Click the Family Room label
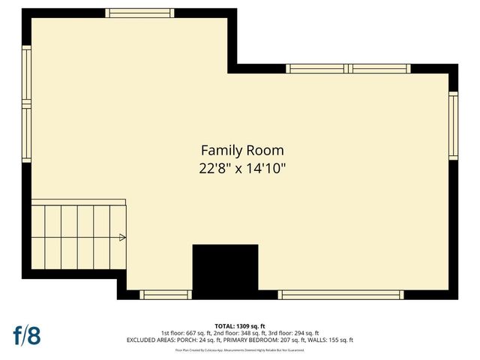tap(241, 150)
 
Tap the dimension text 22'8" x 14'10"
tap(241, 169)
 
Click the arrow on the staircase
tap(122, 238)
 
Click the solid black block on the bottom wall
tap(225, 271)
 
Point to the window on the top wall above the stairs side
tap(139, 13)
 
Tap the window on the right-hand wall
tap(453, 125)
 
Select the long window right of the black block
tap(341, 295)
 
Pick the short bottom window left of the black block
tap(166, 295)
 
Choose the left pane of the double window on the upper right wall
tap(318, 69)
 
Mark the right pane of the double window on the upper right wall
tap(380, 69)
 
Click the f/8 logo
tap(26, 334)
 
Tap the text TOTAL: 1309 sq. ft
tap(240, 326)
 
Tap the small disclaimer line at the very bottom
tap(240, 349)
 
